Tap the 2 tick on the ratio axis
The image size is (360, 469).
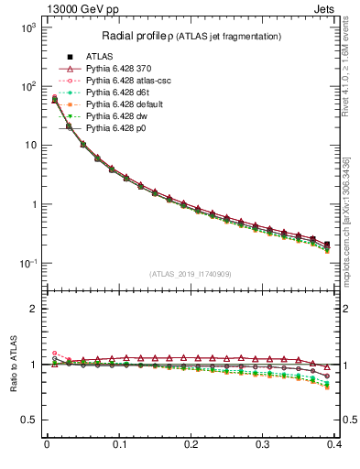pos(31,309)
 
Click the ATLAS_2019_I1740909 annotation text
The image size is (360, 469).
pos(190,273)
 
